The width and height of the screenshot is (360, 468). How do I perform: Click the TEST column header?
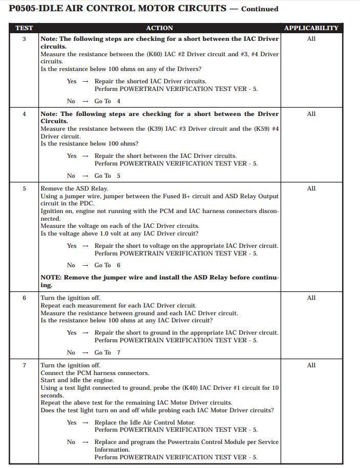click(x=24, y=28)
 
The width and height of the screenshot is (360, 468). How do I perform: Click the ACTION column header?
click(x=160, y=28)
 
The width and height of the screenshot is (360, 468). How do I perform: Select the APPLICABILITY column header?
click(x=311, y=28)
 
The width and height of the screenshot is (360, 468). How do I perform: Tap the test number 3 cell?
click(x=24, y=39)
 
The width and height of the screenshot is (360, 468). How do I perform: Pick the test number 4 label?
click(x=24, y=114)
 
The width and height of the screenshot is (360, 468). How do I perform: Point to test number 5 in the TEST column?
click(x=24, y=189)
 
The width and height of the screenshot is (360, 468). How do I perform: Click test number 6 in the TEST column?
click(x=24, y=298)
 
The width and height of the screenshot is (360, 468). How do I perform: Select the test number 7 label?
click(x=24, y=365)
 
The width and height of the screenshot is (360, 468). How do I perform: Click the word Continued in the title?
click(x=260, y=9)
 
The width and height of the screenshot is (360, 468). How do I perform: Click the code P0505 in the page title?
click(x=26, y=8)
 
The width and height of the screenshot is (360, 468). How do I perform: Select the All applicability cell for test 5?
click(x=311, y=189)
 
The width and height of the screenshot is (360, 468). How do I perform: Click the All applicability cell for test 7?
click(x=311, y=365)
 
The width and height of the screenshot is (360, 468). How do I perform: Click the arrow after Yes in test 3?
click(x=85, y=81)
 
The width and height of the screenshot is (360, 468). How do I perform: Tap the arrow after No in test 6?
click(x=85, y=353)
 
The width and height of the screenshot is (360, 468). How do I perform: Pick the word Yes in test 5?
click(x=72, y=246)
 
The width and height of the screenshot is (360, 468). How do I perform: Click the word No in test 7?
click(x=71, y=442)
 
